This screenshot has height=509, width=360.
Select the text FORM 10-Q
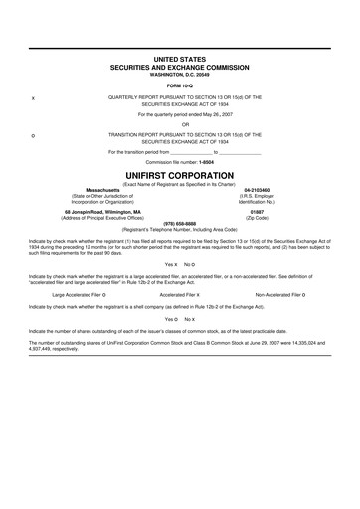[179, 85]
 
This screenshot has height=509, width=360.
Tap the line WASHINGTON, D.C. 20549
[179, 75]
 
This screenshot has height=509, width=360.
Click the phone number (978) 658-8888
[179, 222]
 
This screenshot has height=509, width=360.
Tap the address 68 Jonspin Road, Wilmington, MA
[89, 211]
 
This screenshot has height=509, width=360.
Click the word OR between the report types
[179, 124]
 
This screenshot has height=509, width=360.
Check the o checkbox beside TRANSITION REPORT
[35, 134]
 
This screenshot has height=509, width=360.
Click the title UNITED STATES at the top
[179, 61]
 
